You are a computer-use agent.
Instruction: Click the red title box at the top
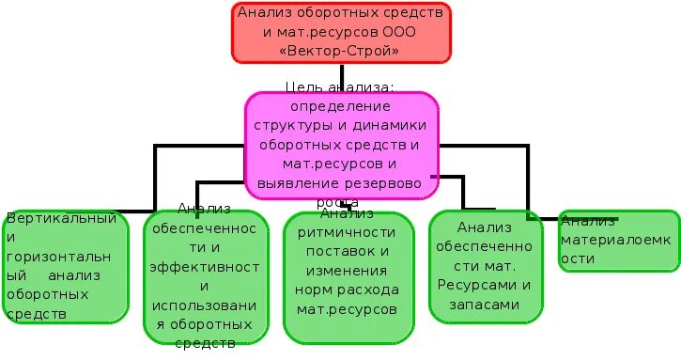pyautogui.click(x=342, y=32)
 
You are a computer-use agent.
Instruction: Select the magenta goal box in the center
pyautogui.click(x=342, y=146)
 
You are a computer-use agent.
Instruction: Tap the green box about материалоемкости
pyautogui.click(x=616, y=241)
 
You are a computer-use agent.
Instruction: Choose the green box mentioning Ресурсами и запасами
pyautogui.click(x=485, y=266)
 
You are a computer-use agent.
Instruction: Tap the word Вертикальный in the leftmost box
pyautogui.click(x=62, y=219)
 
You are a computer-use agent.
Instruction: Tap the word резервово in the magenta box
pyautogui.click(x=384, y=183)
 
